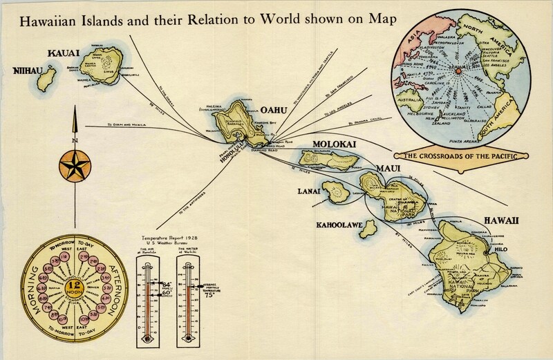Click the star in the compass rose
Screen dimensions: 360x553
pos(72,164)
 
